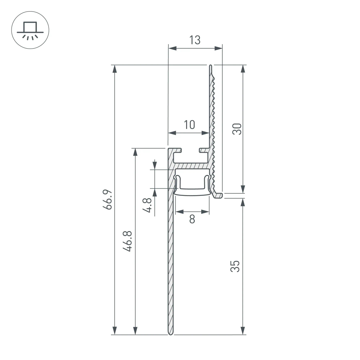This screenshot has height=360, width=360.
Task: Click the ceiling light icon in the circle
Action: coord(30,30)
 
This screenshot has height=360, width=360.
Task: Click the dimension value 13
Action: coord(195,40)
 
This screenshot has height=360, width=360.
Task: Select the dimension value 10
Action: coord(189,125)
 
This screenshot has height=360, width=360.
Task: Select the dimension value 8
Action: coord(192,219)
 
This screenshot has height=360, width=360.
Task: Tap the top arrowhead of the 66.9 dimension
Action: coord(114,69)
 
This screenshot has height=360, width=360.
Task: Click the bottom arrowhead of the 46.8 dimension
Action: coord(135,330)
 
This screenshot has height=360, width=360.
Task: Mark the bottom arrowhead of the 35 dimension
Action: coord(243,330)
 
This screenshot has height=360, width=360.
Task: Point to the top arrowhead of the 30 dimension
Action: coord(243,69)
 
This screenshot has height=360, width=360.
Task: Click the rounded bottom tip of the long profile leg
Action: coord(171,333)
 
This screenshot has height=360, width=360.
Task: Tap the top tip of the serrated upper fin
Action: coord(210,66)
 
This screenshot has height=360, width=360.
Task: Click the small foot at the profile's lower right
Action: coord(219,195)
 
